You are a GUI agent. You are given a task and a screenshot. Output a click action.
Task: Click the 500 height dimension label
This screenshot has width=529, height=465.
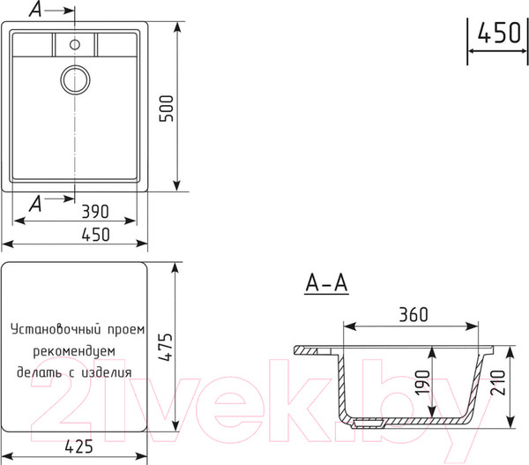click(167, 108)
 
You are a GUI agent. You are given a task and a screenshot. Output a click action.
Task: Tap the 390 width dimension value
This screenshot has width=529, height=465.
click(95, 212)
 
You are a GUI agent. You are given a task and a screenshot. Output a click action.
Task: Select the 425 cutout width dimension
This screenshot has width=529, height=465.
click(78, 446)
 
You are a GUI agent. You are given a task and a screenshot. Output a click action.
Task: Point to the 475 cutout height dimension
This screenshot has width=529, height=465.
click(166, 347)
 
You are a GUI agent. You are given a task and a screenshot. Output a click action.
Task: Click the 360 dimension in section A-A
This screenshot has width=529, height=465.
click(414, 314)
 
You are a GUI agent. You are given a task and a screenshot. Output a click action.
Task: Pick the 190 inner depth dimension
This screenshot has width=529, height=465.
click(422, 383)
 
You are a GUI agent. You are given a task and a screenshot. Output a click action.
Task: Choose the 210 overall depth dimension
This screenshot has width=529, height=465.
click(498, 383)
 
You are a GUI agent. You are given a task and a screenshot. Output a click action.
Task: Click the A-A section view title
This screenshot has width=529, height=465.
click(326, 283)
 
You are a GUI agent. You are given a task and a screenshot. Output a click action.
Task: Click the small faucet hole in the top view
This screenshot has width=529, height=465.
click(75, 44)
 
